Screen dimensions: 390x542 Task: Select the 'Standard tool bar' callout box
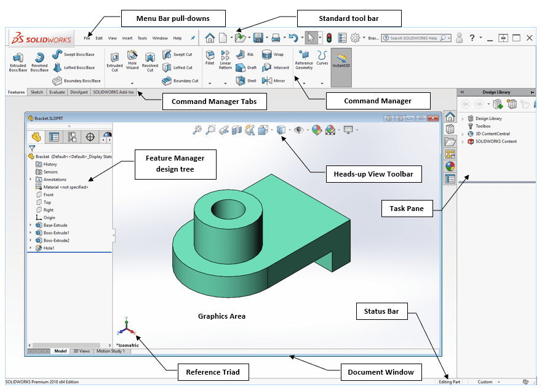coord(349,18)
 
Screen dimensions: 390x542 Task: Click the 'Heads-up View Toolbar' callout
coord(373,175)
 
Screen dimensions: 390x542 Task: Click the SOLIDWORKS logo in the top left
coord(41,38)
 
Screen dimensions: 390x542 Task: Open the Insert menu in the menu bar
coord(127,38)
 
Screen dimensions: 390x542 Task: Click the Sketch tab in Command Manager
coord(37,92)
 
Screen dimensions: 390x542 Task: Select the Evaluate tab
coord(57,92)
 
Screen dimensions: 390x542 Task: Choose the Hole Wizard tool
coord(132,61)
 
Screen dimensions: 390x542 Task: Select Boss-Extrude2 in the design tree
coord(56,241)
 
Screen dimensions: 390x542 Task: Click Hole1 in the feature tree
coord(49,248)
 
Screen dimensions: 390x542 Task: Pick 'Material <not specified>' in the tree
coord(65,187)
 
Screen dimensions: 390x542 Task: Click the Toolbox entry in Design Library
coord(483,126)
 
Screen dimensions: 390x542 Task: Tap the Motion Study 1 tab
coord(110,351)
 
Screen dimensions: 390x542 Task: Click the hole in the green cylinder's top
coord(231,213)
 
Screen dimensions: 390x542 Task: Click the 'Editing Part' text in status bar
coord(449,382)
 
